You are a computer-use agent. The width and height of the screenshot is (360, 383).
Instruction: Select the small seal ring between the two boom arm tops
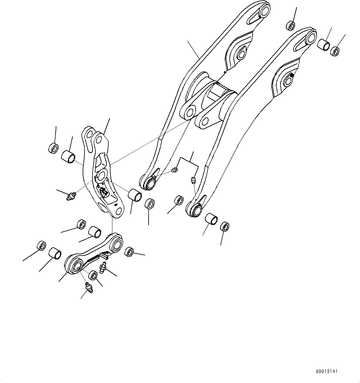[x=291, y=25]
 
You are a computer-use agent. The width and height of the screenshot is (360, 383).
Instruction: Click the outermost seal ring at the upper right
[x=334, y=51]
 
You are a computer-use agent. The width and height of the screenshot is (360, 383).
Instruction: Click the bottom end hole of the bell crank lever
[x=117, y=212]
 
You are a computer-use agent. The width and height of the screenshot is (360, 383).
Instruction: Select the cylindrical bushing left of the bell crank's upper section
[x=68, y=156]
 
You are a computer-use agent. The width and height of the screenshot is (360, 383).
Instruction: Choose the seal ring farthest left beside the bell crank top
[x=53, y=148]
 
